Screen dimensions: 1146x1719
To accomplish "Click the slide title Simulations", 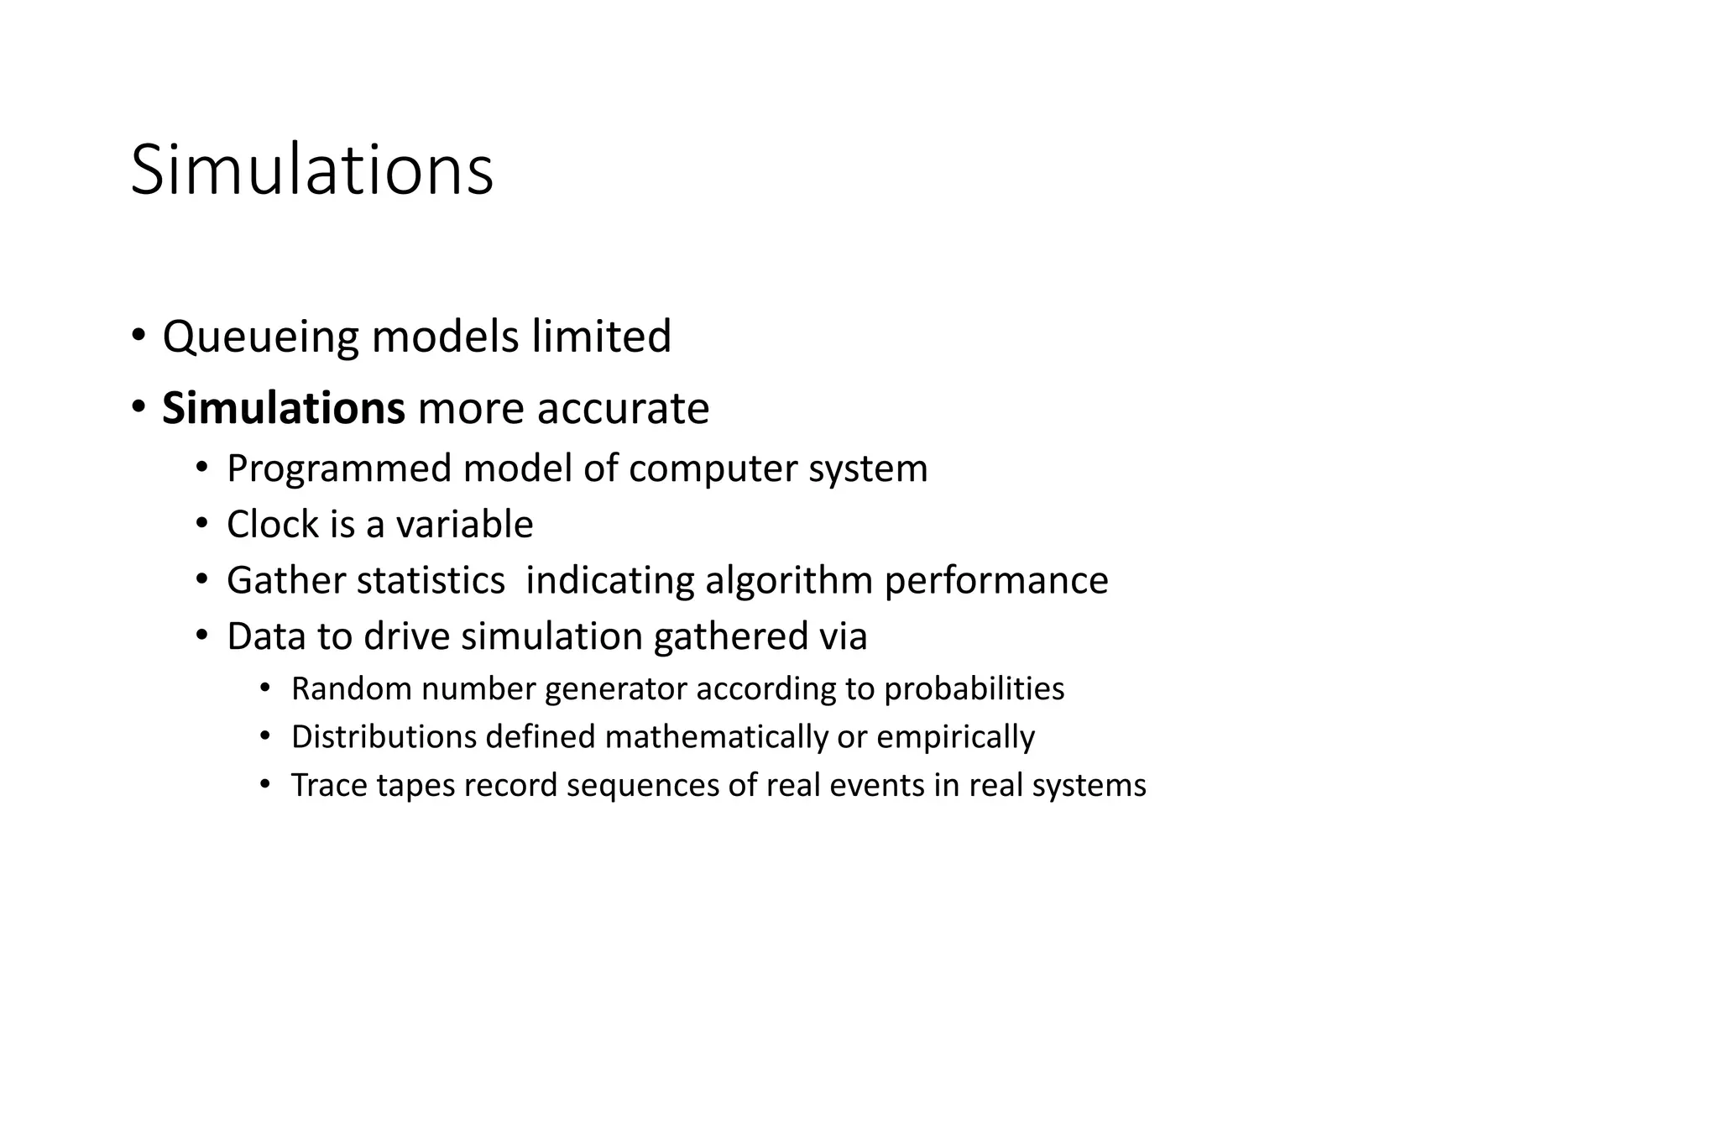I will click(x=312, y=170).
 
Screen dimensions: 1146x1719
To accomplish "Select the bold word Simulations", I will click(x=284, y=409).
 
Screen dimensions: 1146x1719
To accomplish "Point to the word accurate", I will click(x=623, y=409).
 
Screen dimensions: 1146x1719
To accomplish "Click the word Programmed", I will click(x=339, y=468).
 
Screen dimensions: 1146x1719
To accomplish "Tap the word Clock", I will click(x=274, y=525).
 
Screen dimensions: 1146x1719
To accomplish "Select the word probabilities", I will click(x=974, y=689).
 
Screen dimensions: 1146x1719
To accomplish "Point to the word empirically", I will click(x=955, y=737).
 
